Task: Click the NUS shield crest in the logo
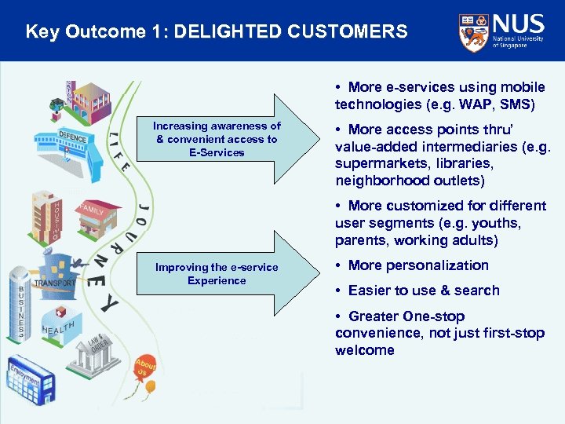pos(473,31)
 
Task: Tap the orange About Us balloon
pos(144,367)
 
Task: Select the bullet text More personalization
pos(417,265)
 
